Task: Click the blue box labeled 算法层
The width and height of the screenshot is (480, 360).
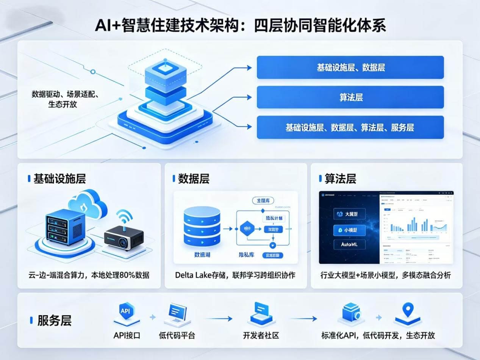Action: coord(350,97)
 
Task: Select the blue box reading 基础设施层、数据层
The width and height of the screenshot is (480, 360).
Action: coord(350,67)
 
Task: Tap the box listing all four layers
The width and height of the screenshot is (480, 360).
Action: coord(350,127)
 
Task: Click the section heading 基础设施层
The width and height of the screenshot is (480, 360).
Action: coord(59,179)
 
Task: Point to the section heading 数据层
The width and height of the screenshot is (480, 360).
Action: coord(194,179)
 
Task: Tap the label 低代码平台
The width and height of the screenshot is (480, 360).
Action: coord(177,335)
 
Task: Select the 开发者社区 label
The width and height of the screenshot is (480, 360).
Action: coord(261,335)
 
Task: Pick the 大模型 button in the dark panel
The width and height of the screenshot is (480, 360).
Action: coord(350,214)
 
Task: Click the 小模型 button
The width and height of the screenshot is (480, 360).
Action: coord(350,230)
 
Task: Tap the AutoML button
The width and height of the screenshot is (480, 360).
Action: coord(350,245)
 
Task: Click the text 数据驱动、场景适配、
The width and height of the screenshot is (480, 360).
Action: coord(65,94)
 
